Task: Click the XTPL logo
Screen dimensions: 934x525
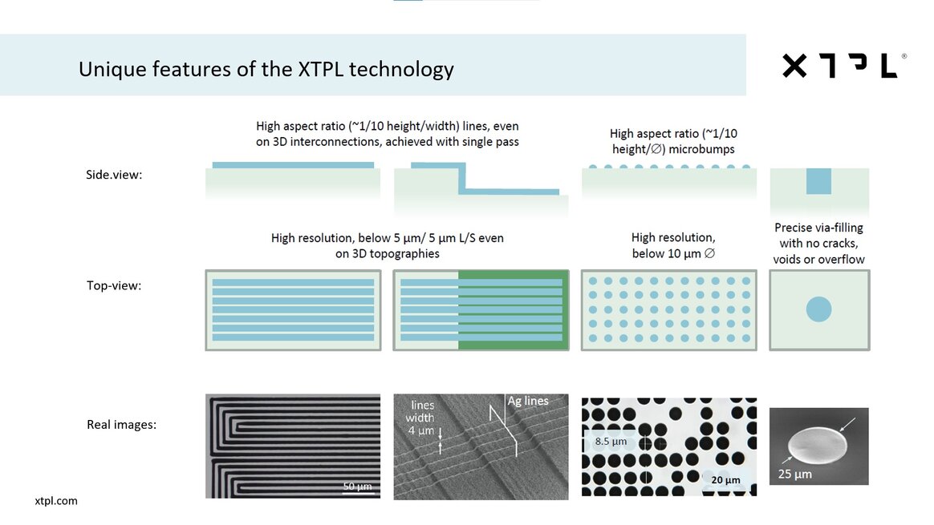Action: tap(844, 66)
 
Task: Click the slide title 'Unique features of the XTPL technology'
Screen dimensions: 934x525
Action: tap(266, 69)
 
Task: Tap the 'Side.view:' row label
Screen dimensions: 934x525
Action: tap(114, 175)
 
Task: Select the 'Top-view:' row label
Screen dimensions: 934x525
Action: tap(114, 285)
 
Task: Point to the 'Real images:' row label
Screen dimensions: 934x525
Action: tap(121, 424)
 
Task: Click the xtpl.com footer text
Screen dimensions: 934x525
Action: tap(56, 501)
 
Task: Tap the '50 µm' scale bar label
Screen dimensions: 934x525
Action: tap(357, 487)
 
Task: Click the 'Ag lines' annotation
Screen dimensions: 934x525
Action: tap(528, 401)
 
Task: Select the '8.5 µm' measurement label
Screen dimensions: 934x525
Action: tap(611, 441)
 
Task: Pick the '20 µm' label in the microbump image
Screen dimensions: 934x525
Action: tap(725, 480)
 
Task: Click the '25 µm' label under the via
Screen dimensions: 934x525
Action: tap(794, 474)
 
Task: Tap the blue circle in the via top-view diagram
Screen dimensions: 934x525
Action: tap(818, 309)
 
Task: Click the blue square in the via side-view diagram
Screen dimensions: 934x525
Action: tap(818, 181)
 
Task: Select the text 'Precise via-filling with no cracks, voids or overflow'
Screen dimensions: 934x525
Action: tap(818, 244)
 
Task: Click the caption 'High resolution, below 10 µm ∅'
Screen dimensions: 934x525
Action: tap(673, 245)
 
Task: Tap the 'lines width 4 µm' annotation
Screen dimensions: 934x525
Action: tap(422, 418)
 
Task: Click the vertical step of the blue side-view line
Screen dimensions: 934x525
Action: tap(462, 177)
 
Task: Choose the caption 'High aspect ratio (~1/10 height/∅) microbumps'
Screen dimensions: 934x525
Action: tap(673, 141)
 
